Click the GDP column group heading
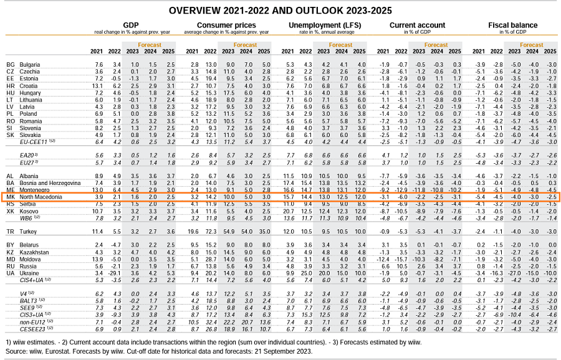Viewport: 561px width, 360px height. coord(130,25)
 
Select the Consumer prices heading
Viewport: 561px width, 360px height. coord(217,25)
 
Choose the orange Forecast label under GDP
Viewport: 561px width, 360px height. coord(150,45)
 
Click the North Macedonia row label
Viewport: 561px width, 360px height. coord(41,197)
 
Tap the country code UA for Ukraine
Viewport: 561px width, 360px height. coord(10,272)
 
